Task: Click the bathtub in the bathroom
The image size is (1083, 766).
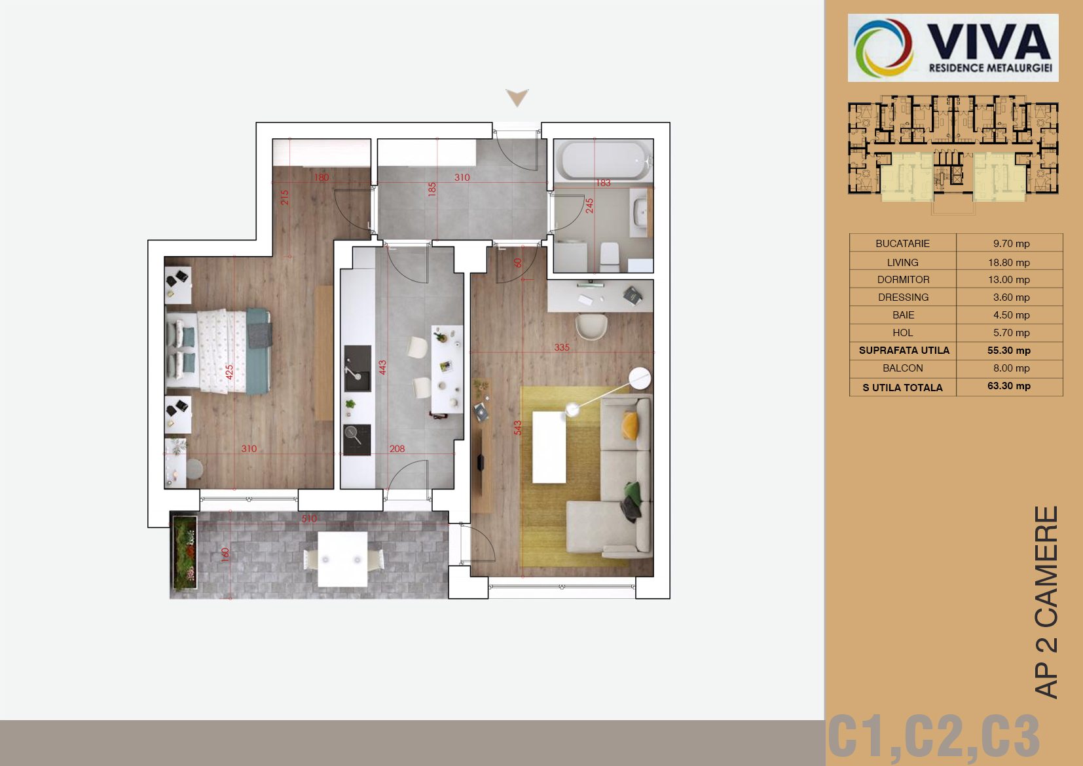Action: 604,161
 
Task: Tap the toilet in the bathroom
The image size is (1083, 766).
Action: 610,256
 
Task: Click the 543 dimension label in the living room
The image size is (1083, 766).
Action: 518,428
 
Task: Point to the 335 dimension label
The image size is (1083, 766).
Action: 562,347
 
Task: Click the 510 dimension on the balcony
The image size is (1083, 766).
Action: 310,519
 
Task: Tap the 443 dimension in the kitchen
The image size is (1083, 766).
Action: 382,368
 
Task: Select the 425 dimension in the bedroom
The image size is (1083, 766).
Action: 229,372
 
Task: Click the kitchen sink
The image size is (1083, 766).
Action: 358,368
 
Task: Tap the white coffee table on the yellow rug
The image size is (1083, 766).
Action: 549,447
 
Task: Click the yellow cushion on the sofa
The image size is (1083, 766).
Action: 630,425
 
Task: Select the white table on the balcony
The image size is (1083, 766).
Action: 342,559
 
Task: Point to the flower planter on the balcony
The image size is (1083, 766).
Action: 184,552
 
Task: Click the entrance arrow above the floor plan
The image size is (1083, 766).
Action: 517,97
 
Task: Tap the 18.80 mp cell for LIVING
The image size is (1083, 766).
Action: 1009,262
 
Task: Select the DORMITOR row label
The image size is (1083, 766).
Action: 903,280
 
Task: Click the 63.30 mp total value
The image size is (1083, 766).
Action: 1009,386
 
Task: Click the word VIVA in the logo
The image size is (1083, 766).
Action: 989,42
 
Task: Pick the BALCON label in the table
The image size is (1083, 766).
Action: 903,368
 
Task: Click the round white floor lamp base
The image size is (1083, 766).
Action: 640,378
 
